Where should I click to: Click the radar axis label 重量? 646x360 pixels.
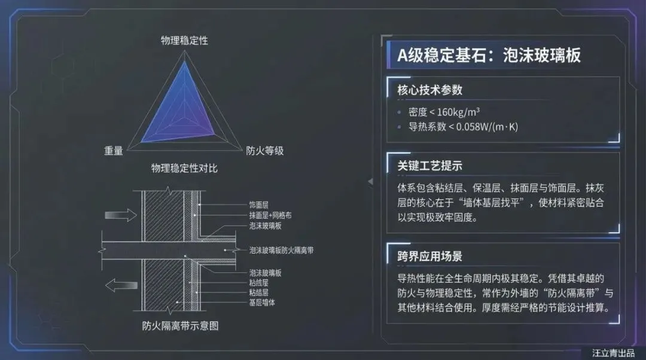tap(113, 151)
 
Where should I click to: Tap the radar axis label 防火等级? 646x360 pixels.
tap(265, 151)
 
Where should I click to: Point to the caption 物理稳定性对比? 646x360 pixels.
tap(184, 168)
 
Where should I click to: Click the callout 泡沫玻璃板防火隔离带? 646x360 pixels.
tap(281, 250)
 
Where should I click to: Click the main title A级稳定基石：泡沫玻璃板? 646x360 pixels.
tap(489, 55)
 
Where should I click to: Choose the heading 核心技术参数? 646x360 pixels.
tap(429, 90)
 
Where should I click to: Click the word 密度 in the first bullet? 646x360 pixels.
tap(418, 112)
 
